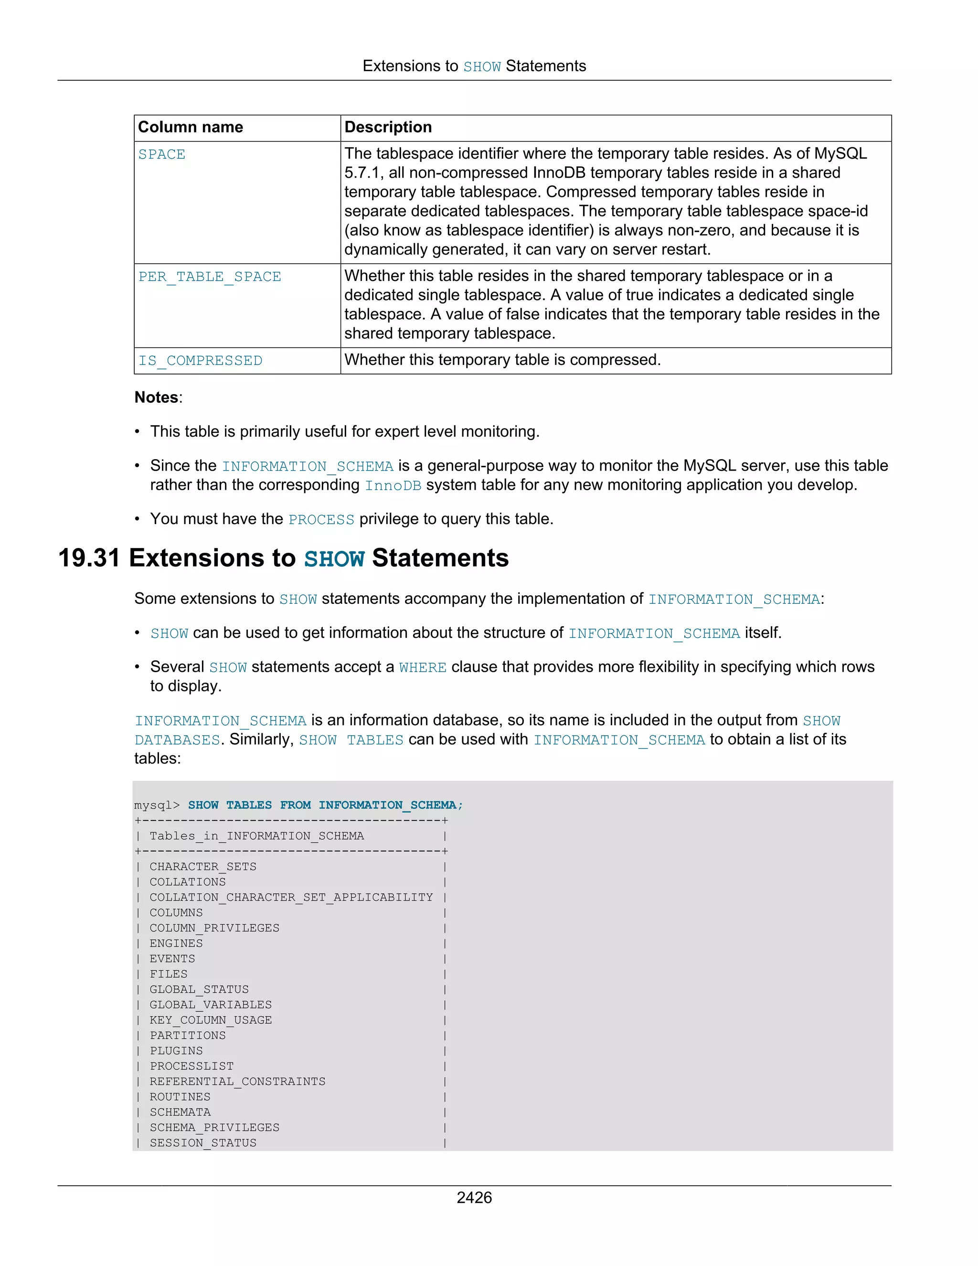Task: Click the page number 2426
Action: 474,1197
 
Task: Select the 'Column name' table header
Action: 191,127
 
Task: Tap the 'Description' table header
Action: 388,127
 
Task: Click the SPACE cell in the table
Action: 162,155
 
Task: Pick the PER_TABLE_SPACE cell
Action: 209,277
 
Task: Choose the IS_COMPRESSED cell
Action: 200,361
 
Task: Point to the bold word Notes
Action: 157,397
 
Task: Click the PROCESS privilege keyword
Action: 321,520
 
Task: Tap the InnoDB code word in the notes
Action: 393,486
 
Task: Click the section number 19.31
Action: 89,558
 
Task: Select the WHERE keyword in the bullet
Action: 422,668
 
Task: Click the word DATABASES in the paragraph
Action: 177,740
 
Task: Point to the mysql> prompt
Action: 157,805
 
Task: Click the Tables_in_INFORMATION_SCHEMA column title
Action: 256,836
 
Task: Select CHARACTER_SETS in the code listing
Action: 203,867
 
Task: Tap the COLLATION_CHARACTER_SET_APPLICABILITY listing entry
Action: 291,897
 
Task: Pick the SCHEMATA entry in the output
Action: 180,1112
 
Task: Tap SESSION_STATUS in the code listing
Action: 203,1143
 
